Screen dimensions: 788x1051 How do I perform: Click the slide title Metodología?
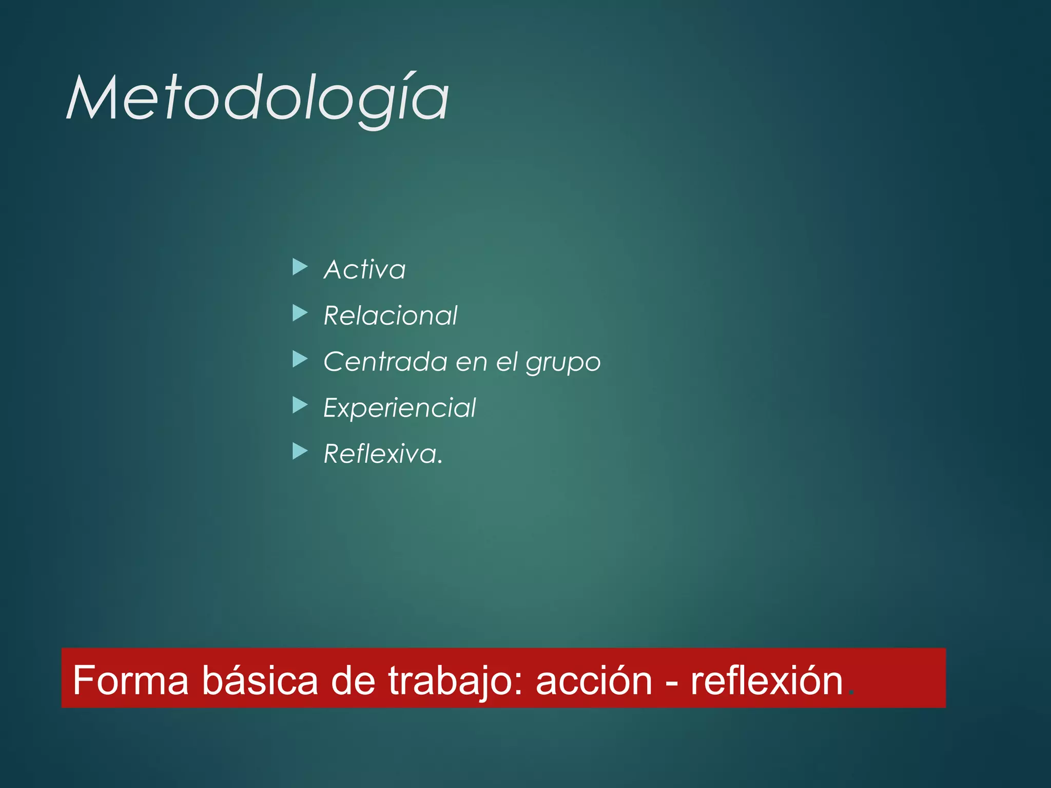258,98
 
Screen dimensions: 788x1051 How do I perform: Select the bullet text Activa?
364,269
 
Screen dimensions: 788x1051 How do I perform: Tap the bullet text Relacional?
390,316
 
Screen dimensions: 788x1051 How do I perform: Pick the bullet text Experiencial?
399,408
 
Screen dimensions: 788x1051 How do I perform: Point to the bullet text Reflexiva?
382,454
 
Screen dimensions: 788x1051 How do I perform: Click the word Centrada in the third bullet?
385,362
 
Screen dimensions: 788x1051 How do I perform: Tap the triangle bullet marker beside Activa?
300,267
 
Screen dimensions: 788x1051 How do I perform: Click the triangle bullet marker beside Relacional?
300,313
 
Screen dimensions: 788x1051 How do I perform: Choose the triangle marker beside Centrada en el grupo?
300,359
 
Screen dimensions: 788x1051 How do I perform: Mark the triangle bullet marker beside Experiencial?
300,405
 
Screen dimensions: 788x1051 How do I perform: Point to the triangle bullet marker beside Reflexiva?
300,451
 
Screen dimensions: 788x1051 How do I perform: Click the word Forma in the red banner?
131,681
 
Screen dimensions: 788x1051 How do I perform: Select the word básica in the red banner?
260,681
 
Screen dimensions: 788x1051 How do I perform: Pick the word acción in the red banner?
594,681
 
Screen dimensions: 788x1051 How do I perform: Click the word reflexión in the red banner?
767,681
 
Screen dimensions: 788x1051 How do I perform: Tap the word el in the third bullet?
507,362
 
